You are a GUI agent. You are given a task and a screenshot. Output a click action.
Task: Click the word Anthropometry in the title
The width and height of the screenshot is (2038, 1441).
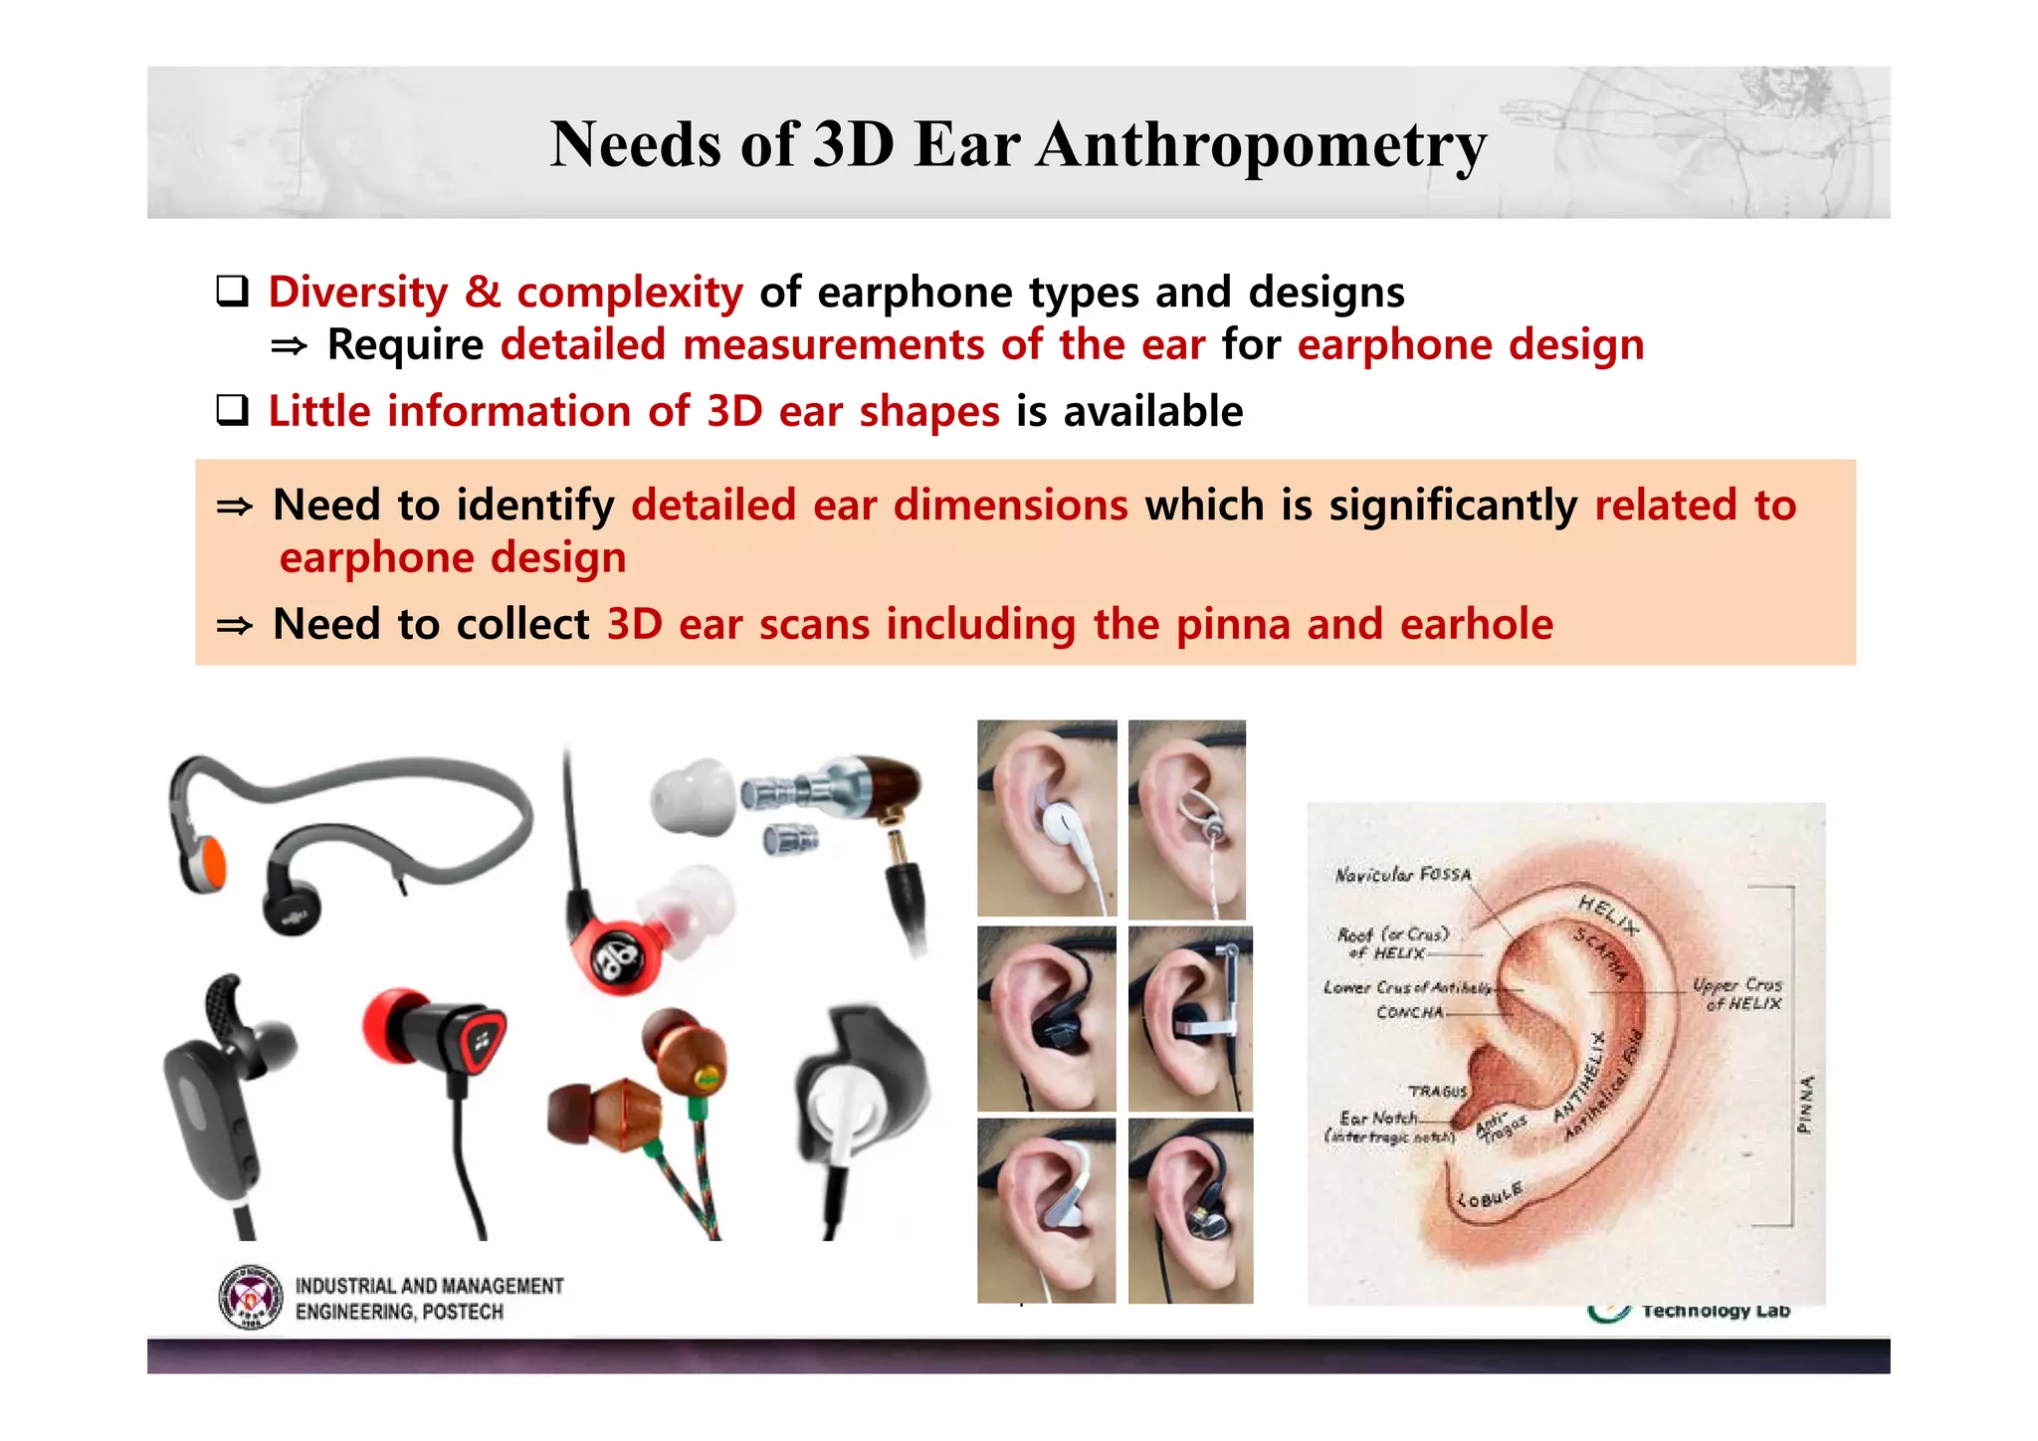(1261, 145)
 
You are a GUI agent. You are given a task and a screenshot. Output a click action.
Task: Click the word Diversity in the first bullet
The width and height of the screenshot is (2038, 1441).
(358, 293)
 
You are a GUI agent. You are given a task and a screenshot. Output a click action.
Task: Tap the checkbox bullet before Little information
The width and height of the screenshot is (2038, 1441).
(232, 410)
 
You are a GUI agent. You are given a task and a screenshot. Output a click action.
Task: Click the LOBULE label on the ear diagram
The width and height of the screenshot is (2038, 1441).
(1490, 1194)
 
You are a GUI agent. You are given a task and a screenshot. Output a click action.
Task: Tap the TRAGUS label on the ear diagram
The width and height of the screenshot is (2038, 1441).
(1437, 1091)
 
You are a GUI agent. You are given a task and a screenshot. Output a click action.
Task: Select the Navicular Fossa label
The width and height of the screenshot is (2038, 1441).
(1402, 875)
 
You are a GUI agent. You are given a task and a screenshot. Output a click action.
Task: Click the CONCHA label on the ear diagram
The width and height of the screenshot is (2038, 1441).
(1409, 1012)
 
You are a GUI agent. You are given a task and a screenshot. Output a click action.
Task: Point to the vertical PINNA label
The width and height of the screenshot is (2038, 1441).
(1805, 1104)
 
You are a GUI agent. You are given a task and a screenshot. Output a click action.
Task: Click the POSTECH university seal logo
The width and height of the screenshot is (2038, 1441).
(250, 1298)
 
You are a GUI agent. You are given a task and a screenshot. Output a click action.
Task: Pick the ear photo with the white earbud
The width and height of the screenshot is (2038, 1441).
(1047, 818)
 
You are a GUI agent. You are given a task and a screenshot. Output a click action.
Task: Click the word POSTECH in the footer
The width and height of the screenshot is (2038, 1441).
(463, 1312)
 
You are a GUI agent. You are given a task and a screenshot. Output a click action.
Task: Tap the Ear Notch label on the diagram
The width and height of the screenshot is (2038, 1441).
(1377, 1119)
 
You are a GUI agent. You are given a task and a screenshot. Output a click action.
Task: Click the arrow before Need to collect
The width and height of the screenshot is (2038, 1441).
(235, 626)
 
